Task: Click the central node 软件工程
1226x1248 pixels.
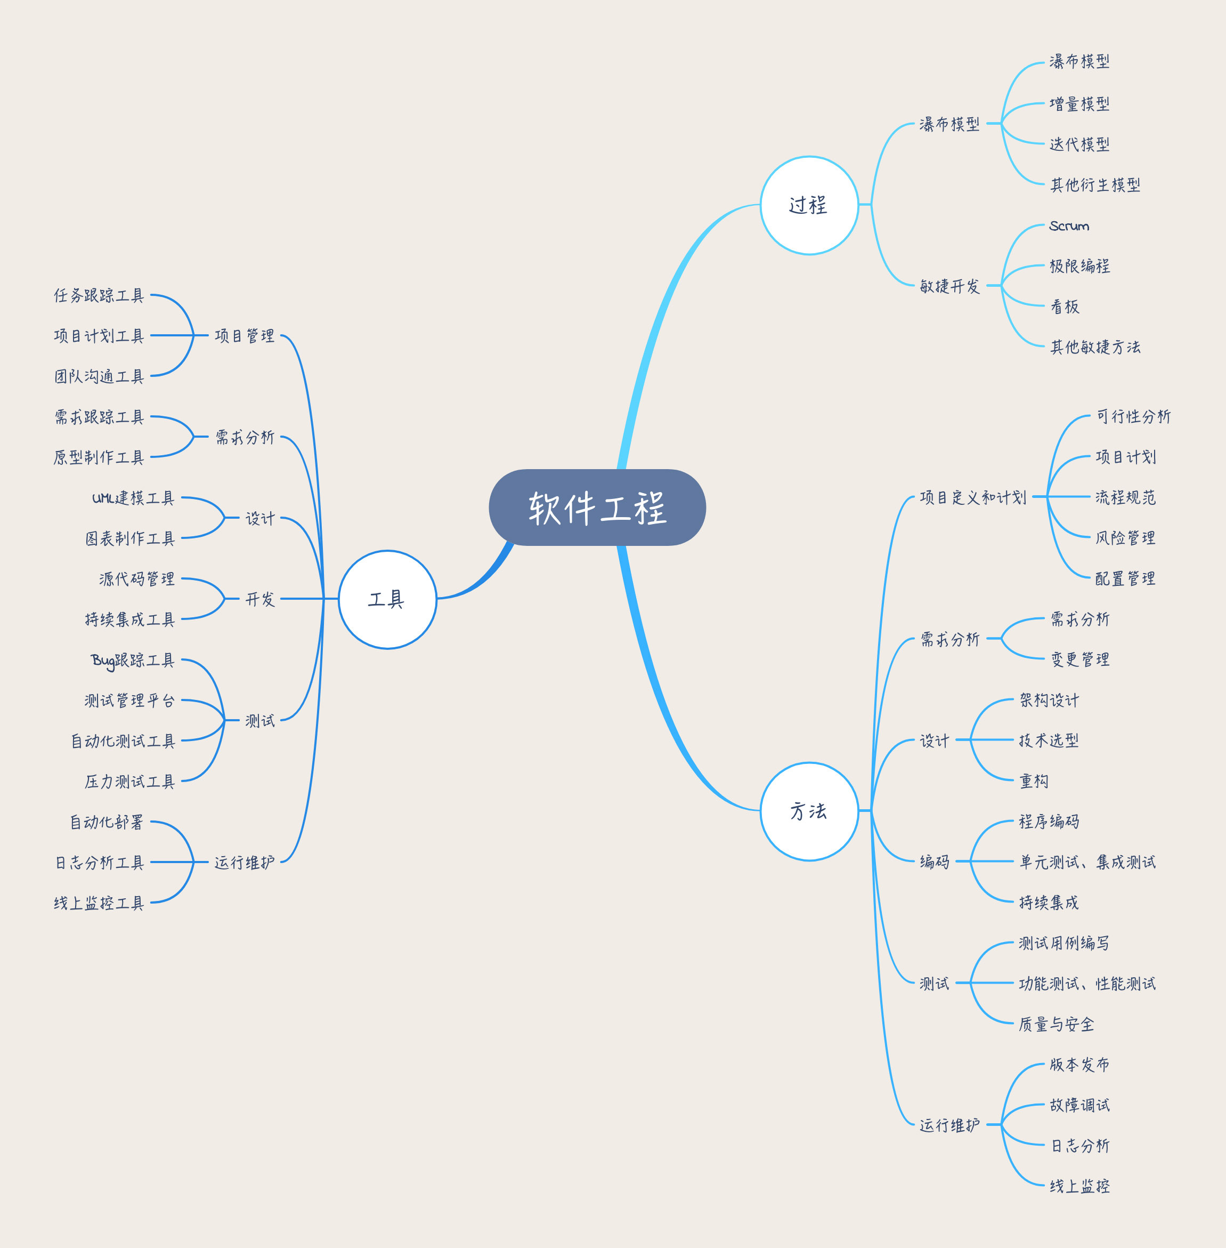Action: click(x=597, y=508)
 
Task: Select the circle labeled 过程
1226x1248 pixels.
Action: click(x=809, y=205)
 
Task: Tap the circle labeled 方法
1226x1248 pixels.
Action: click(x=809, y=811)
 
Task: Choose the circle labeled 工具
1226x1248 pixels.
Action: click(x=387, y=599)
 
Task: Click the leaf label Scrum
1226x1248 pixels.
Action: click(x=1069, y=226)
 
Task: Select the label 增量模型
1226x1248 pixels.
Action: click(x=1079, y=103)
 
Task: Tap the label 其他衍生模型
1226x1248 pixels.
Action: click(x=1094, y=185)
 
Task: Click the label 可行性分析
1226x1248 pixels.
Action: click(x=1133, y=416)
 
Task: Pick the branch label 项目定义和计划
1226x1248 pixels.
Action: click(x=972, y=497)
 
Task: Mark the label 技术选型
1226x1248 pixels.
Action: click(x=1048, y=740)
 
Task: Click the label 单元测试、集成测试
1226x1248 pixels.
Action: click(x=1087, y=861)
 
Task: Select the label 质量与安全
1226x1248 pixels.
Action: click(x=1056, y=1024)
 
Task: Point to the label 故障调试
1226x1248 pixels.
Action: click(x=1079, y=1105)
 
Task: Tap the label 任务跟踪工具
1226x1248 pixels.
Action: click(x=99, y=295)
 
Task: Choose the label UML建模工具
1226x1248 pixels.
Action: click(x=133, y=497)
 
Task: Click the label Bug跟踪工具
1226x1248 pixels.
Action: click(x=132, y=661)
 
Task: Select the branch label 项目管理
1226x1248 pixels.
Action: click(x=244, y=335)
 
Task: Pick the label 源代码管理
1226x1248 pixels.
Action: click(x=136, y=578)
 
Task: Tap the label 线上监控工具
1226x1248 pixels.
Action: click(x=99, y=903)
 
